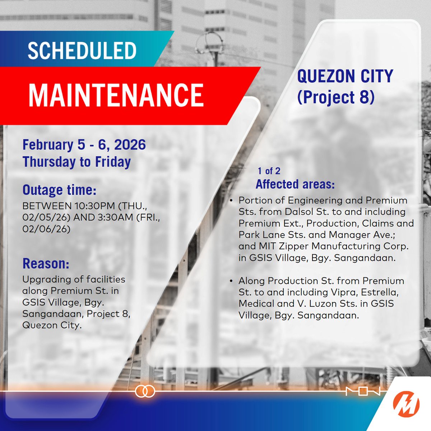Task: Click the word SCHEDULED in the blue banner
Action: (82, 51)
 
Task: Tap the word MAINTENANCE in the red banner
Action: (116, 95)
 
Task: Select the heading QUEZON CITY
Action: (345, 77)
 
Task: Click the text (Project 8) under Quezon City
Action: (336, 97)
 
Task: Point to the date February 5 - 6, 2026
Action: (84, 145)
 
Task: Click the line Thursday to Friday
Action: (77, 162)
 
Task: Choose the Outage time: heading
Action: (59, 190)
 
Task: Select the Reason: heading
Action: (46, 264)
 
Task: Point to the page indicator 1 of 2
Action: (269, 171)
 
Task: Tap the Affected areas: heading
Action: (295, 184)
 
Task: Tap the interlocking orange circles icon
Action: (145, 391)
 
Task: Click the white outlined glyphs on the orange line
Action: (362, 391)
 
